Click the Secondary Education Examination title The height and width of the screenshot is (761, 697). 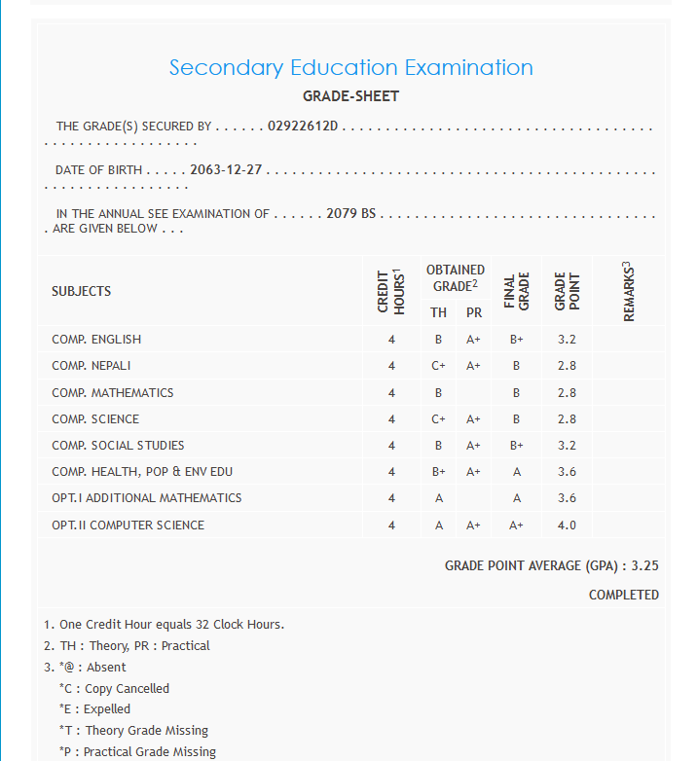pos(350,67)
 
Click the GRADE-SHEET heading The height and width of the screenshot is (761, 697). pos(350,96)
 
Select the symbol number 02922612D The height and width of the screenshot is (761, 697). pos(302,127)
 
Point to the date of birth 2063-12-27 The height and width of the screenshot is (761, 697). pos(226,170)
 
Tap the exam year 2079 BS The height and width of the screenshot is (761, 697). pos(350,214)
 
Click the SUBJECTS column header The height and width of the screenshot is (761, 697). pos(82,291)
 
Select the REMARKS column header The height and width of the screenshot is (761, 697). pos(628,290)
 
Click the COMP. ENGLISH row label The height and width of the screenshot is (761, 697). pos(96,340)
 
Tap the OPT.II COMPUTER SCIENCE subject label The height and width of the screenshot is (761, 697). pos(128,525)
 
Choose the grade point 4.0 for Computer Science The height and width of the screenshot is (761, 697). pos(567,525)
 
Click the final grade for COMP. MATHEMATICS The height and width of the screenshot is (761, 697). pos(516,393)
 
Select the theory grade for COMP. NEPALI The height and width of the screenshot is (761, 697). pos(439,366)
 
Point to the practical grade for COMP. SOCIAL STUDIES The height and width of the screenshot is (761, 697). pos(474,446)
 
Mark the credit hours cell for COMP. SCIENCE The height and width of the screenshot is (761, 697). pos(391,419)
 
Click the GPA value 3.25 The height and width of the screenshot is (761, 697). pos(645,565)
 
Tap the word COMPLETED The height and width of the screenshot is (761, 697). pos(623,595)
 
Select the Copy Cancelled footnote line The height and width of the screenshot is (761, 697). pos(114,688)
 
